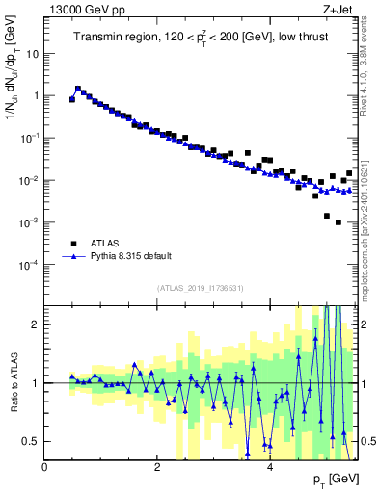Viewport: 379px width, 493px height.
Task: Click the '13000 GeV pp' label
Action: [80, 9]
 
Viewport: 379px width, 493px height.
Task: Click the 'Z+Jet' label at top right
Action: [338, 9]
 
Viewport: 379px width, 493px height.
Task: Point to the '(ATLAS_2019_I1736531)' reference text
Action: [200, 288]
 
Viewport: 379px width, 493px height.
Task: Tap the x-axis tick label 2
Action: [157, 467]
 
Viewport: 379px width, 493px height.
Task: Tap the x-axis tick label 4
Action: [269, 467]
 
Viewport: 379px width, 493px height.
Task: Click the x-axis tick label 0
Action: [45, 467]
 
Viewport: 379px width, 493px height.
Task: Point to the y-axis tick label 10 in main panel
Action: [32, 54]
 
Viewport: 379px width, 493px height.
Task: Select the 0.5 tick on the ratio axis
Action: [31, 441]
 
